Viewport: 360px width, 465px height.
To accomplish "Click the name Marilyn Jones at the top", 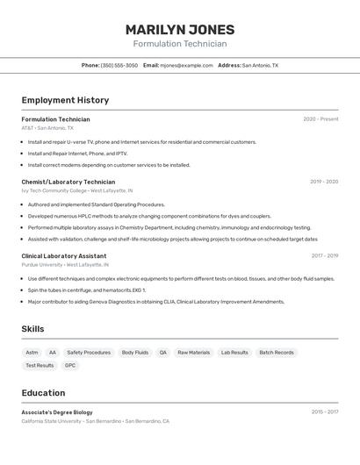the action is [x=179, y=29].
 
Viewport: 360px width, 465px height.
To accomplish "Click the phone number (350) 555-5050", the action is [x=119, y=65].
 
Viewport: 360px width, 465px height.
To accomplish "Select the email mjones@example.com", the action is [x=186, y=65].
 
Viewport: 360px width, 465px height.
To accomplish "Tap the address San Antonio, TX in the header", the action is [x=260, y=65].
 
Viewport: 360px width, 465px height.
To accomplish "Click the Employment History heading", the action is [x=65, y=100].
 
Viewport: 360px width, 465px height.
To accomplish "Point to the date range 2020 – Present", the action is [x=320, y=119].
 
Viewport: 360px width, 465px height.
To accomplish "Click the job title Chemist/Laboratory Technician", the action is [x=68, y=182].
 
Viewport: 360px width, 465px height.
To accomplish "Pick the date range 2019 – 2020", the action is [x=324, y=182].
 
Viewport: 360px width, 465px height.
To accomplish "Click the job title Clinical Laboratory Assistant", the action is [x=64, y=255].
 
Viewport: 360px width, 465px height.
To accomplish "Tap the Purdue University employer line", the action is [x=42, y=264].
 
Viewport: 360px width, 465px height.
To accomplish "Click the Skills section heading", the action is [x=33, y=329].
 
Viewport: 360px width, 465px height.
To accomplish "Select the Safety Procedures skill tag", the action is [x=89, y=352].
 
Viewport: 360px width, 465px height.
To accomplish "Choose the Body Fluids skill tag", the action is [x=135, y=352].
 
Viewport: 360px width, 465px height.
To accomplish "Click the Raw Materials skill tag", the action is [x=194, y=352].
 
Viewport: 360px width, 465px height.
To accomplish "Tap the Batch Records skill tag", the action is [x=277, y=352].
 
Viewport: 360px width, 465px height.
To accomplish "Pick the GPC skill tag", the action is [x=70, y=365].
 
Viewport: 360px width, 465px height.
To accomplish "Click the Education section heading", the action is [x=43, y=393].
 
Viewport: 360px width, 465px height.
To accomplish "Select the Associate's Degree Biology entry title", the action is [x=57, y=411].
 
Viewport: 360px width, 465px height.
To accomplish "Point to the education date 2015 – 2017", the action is [x=324, y=411].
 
